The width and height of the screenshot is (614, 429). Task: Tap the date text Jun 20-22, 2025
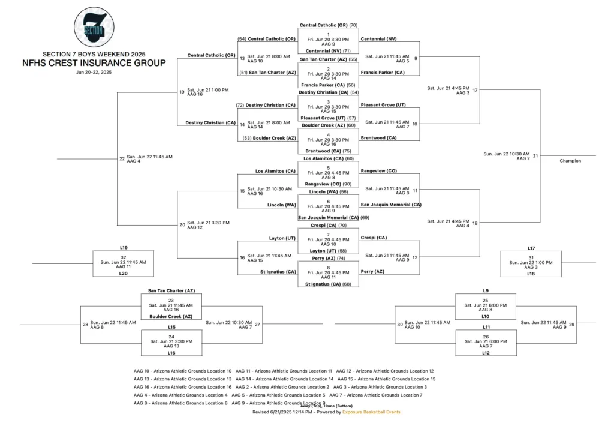pos(94,72)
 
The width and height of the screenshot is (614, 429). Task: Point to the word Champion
pos(570,161)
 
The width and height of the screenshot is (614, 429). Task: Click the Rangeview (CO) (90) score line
pos(327,184)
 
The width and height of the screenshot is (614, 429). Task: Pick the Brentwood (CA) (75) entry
pos(327,151)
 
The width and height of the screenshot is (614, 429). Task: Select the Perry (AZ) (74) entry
pos(327,258)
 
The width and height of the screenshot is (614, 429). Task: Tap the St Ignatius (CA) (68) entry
pos(327,284)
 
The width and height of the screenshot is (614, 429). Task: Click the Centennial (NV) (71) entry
pos(327,51)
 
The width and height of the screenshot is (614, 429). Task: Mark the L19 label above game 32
pos(124,247)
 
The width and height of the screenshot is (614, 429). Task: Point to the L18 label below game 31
pos(531,273)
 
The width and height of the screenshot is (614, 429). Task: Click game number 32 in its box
pos(124,256)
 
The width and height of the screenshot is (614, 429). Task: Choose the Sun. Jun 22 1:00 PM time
pos(531,262)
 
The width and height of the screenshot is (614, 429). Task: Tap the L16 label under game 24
pos(171,353)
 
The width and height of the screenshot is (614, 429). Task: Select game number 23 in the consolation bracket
pos(171,300)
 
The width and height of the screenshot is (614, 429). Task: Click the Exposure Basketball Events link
pos(371,412)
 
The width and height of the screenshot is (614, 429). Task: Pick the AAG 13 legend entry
pos(182,379)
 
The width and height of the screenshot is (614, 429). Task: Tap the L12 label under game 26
pos(486,353)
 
